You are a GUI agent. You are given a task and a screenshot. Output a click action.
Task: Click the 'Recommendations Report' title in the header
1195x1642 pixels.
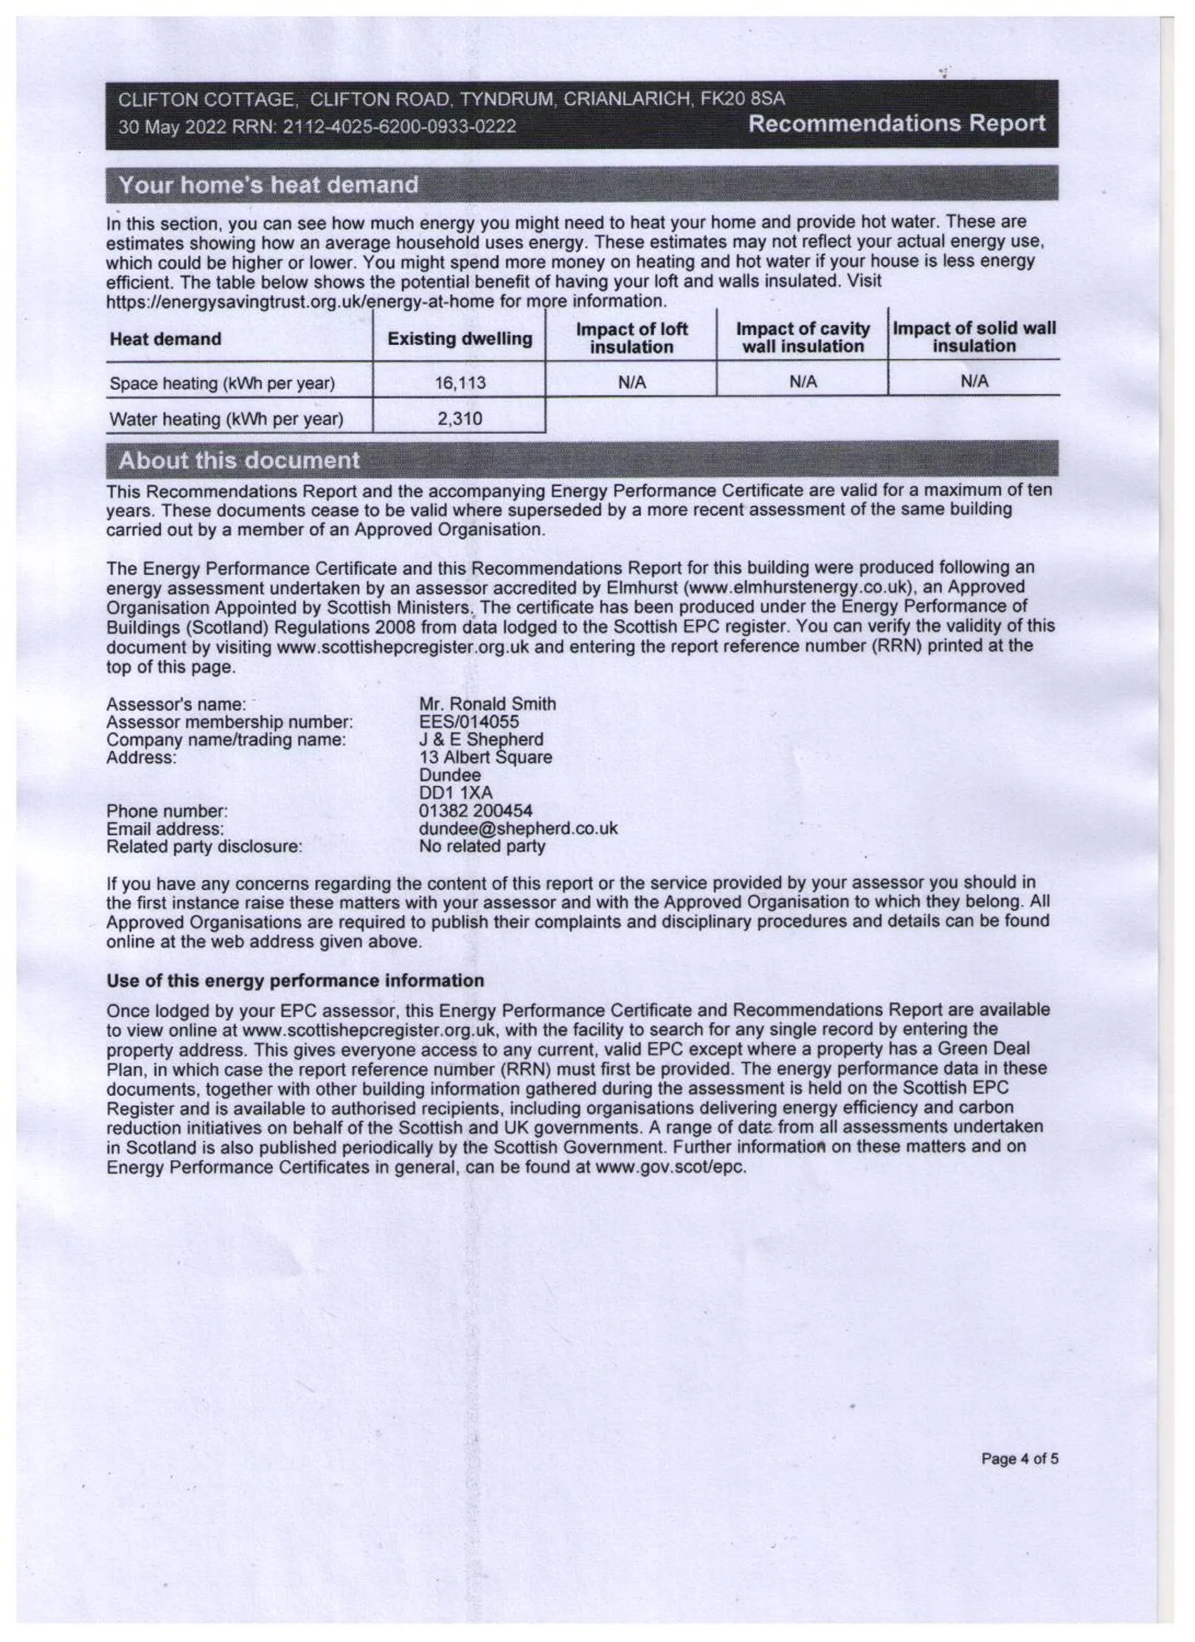[897, 124]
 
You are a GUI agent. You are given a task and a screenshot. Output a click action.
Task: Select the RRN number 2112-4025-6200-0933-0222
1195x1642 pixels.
[399, 126]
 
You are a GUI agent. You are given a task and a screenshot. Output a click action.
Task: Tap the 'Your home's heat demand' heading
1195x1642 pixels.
[269, 185]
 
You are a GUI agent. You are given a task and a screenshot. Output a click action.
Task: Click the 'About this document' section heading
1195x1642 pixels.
[239, 460]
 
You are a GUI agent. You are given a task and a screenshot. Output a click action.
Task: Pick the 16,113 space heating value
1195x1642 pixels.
[460, 383]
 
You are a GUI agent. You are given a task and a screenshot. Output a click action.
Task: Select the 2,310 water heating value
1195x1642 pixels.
[460, 419]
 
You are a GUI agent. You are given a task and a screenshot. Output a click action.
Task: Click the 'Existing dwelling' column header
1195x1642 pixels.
[460, 339]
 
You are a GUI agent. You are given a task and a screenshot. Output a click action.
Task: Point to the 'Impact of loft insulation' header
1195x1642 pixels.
[631, 338]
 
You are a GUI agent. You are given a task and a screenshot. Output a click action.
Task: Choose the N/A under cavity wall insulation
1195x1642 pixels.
[803, 382]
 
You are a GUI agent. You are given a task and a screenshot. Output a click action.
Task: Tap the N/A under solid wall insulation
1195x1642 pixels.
[974, 381]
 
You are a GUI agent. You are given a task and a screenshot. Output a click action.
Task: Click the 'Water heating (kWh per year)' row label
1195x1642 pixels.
[226, 419]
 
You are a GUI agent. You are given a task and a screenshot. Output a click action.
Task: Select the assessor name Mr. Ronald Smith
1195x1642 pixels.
[487, 704]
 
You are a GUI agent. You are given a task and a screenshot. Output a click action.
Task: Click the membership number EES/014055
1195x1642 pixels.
[469, 722]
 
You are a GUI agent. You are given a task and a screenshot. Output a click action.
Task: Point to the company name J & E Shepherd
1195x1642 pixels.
[481, 739]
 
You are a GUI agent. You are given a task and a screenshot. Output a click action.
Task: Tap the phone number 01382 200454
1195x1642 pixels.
[476, 811]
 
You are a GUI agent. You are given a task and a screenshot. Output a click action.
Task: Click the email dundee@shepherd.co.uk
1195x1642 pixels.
[519, 828]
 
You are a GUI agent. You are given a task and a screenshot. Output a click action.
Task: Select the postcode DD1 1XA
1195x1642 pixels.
[456, 793]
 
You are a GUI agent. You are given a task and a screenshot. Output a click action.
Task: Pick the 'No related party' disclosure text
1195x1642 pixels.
[482, 847]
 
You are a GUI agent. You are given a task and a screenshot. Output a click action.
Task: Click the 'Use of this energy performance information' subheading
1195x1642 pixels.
[295, 981]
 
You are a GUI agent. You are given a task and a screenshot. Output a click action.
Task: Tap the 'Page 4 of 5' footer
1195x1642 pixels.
[1019, 1459]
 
